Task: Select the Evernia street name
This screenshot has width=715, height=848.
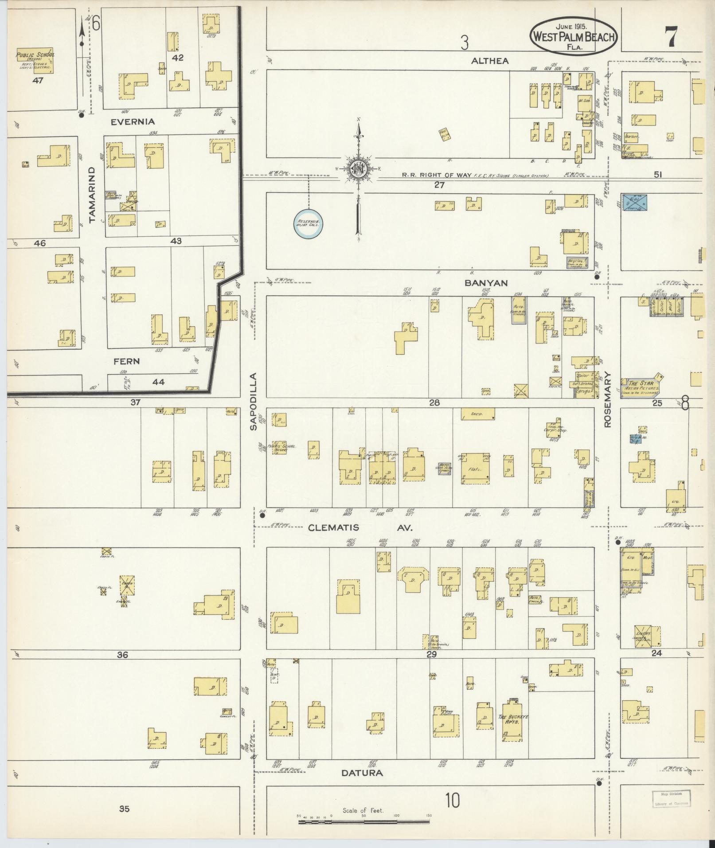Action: click(133, 121)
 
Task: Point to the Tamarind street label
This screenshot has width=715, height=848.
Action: click(92, 195)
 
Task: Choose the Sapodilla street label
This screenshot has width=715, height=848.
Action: click(253, 402)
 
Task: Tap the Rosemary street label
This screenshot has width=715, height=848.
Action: click(607, 399)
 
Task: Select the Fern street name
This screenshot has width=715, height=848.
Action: click(126, 361)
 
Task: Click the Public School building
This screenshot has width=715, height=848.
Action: click(35, 60)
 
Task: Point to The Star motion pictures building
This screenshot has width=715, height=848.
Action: click(641, 386)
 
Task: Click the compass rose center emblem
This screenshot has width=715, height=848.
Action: click(357, 168)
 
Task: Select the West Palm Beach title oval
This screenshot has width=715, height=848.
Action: click(574, 36)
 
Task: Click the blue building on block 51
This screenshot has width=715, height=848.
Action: click(635, 202)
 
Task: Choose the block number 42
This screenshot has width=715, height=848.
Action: click(179, 58)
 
